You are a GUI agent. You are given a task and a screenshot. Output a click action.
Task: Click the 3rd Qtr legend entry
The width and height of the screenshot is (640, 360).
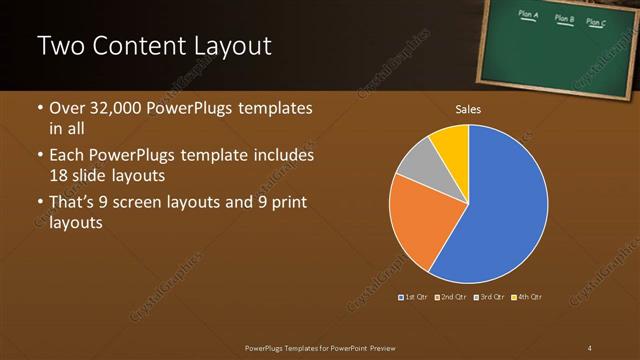click(489, 297)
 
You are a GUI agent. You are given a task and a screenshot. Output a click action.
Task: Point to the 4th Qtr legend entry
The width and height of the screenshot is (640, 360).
click(527, 297)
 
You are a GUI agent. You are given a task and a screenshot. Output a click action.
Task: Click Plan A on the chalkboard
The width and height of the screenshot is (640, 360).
click(529, 15)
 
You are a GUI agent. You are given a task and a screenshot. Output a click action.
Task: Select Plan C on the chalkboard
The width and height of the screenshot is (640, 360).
click(596, 21)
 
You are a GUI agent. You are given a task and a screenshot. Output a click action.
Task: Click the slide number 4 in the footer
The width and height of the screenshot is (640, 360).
click(590, 347)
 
